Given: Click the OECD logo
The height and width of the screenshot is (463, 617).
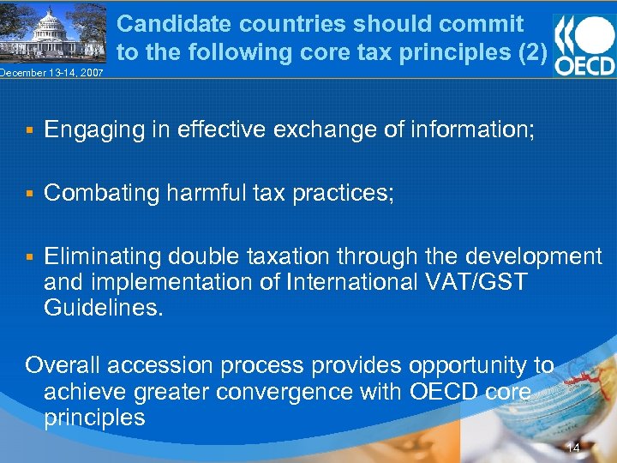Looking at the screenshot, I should click(x=584, y=44).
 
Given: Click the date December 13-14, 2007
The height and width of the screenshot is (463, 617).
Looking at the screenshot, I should click(x=51, y=73).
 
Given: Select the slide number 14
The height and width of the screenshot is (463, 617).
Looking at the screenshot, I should click(x=573, y=448).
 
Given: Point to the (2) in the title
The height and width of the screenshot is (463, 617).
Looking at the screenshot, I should click(x=532, y=51).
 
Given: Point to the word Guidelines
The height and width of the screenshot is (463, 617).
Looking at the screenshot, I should click(x=103, y=308).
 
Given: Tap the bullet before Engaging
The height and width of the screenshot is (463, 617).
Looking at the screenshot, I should click(x=29, y=130).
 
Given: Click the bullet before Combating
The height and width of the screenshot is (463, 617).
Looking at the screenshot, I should click(x=29, y=194).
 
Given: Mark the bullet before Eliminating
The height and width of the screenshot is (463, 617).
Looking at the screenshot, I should click(x=29, y=256).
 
